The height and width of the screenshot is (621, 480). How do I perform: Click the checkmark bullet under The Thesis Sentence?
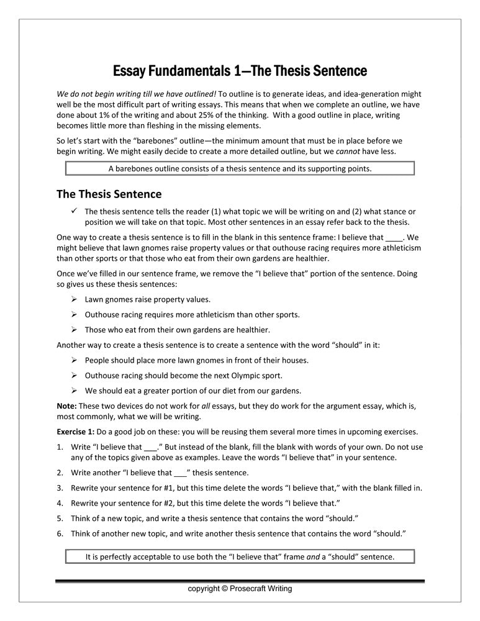[x=74, y=211]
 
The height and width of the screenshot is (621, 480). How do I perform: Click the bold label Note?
[x=66, y=406]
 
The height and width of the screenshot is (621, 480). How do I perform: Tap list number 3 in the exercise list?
[x=60, y=487]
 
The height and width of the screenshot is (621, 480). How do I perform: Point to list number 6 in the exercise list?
[x=60, y=533]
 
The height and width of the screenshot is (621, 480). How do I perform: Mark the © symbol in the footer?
[x=224, y=588]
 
